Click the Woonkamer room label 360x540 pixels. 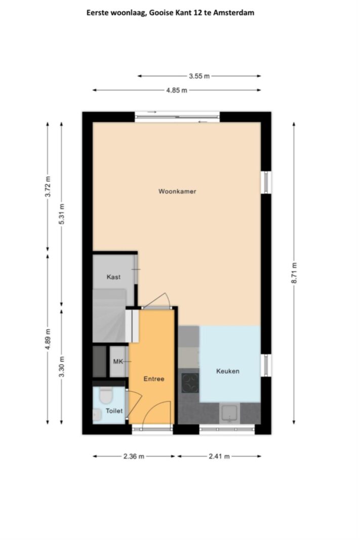177,191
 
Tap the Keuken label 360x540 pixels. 228,371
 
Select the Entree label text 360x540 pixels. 153,379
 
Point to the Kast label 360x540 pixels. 113,277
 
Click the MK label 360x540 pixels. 118,362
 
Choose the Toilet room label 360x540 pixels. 114,411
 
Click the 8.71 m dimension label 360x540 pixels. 294,273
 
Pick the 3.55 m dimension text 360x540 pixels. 199,76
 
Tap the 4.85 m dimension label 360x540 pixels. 177,90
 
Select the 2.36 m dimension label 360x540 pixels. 134,456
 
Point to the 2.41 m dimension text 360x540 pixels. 219,456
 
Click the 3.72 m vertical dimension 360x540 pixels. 48,186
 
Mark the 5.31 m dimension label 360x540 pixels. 62,214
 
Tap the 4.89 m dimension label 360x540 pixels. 48,339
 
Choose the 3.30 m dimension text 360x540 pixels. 62,366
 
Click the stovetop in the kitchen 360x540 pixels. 190,383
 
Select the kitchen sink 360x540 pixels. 230,413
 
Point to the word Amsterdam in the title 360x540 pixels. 234,13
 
